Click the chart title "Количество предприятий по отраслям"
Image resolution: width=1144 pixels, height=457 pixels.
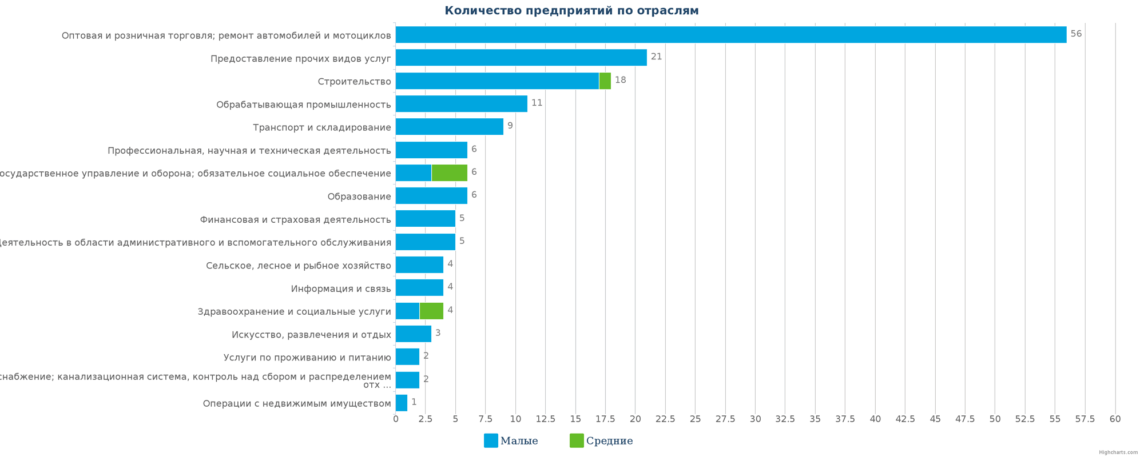tap(571, 11)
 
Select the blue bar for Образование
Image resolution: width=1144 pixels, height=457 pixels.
tap(431, 196)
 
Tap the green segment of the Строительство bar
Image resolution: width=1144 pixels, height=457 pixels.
tap(605, 81)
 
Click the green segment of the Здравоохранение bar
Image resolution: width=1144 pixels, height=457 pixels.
tap(431, 311)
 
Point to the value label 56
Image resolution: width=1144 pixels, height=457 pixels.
tap(1076, 34)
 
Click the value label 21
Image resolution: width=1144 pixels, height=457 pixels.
tap(656, 57)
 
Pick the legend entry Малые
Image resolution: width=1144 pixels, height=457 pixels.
tap(511, 441)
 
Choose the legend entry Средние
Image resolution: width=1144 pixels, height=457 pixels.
tap(602, 441)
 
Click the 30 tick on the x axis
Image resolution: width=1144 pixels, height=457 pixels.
tap(755, 419)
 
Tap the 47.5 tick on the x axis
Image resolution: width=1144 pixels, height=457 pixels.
tap(965, 419)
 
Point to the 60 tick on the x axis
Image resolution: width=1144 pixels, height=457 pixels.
tap(1115, 419)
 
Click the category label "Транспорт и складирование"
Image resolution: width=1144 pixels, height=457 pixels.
tap(322, 127)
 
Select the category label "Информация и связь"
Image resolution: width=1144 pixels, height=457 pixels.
tap(341, 288)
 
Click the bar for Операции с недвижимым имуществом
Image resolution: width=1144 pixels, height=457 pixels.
tap(402, 403)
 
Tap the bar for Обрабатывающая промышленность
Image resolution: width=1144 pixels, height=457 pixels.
tap(461, 103)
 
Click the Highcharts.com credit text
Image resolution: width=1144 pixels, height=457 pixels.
tap(1118, 452)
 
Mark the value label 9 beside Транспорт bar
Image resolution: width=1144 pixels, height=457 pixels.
tap(510, 126)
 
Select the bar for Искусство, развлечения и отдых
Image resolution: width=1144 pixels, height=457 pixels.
tap(413, 334)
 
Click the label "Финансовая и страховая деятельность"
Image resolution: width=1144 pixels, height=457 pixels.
tap(295, 219)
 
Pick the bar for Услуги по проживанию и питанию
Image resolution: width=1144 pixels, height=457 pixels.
tap(407, 356)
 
